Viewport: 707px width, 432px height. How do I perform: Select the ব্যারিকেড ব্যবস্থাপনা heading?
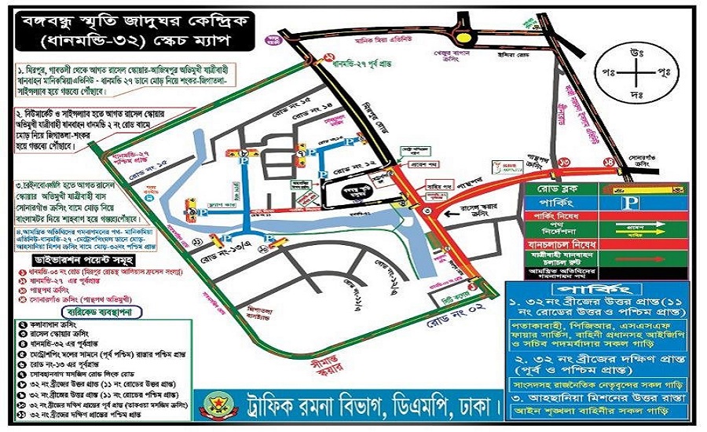point(73,309)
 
